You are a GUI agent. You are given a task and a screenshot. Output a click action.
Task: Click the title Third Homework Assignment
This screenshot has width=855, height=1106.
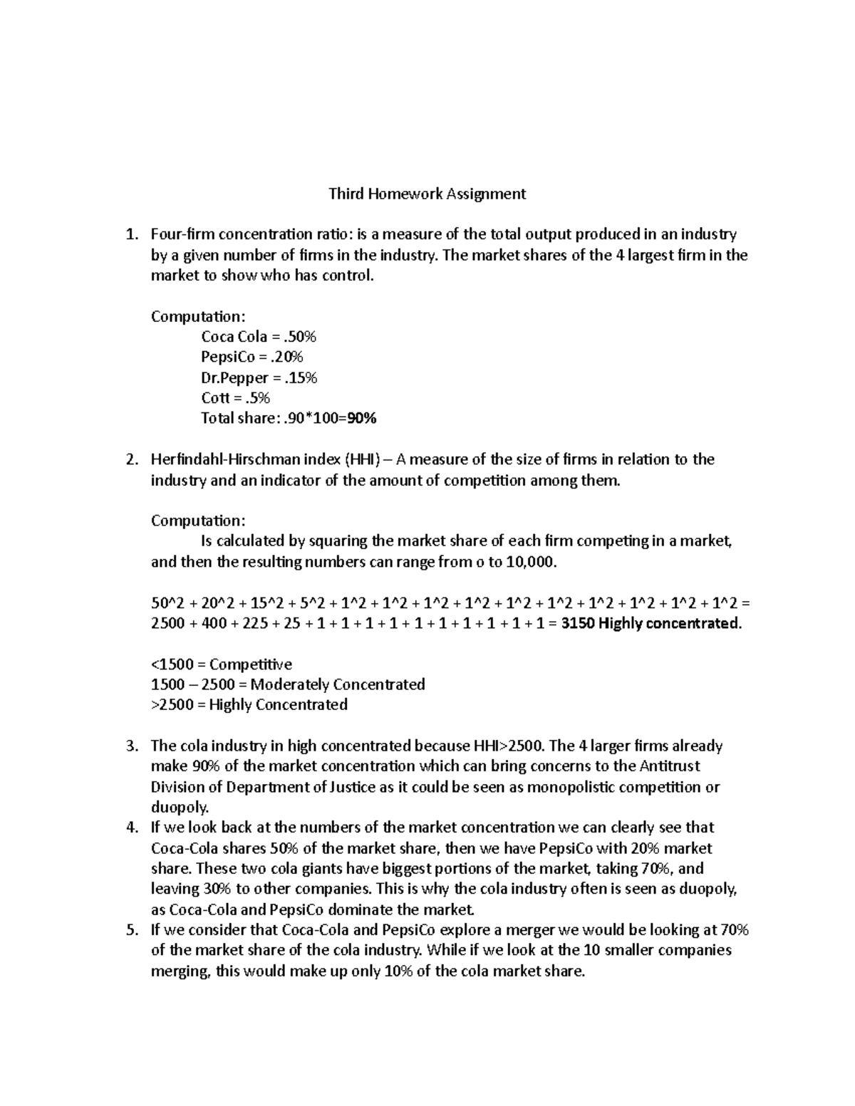coord(427,194)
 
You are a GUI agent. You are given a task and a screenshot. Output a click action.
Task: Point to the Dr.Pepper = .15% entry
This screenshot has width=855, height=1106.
coord(259,377)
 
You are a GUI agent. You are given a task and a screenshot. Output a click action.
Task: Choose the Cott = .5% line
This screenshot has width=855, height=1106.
coord(236,398)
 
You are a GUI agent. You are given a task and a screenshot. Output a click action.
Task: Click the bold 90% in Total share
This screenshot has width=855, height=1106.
coord(361,419)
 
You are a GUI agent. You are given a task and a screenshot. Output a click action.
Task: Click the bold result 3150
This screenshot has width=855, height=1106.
coord(576,624)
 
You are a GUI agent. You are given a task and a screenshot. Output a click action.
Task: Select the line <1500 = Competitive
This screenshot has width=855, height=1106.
coord(222,664)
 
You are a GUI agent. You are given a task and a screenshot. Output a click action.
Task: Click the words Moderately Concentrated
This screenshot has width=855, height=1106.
coord(338,685)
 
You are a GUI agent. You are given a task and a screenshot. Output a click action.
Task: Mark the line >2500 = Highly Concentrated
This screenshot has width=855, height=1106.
coord(249,705)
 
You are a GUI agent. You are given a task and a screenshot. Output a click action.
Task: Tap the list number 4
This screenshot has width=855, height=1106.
coord(130,828)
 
